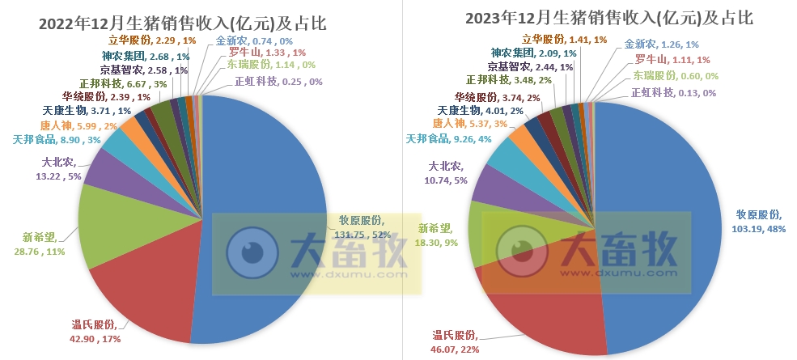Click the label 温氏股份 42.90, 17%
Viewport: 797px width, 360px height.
(95, 332)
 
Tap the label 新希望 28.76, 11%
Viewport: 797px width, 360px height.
(45, 245)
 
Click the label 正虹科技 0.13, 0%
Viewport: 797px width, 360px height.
(672, 92)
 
